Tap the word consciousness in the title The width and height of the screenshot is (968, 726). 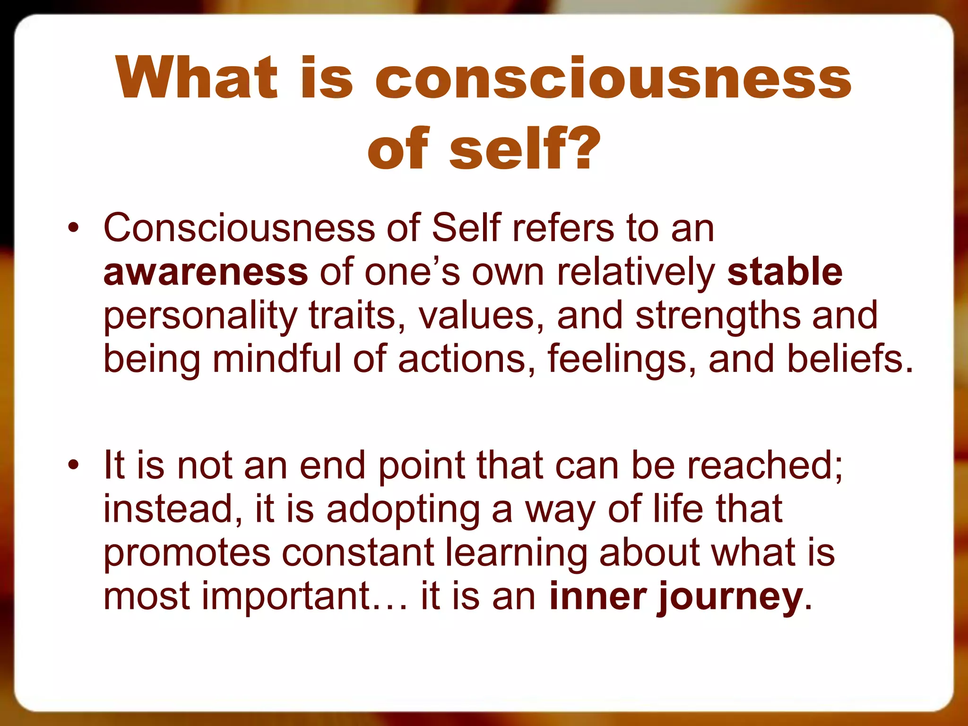click(613, 78)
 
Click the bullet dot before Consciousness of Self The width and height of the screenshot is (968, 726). click(73, 229)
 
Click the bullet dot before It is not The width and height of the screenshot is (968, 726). click(73, 466)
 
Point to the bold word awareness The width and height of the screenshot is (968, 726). click(206, 273)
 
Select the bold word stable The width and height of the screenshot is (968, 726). click(785, 273)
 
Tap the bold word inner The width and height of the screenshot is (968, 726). click(598, 596)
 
